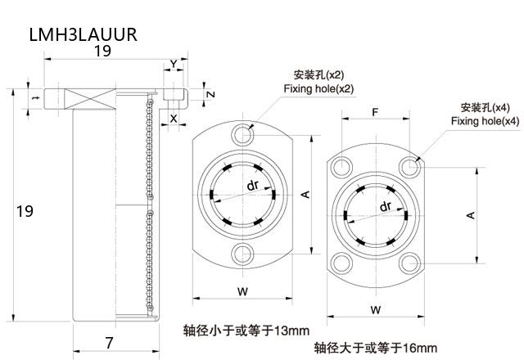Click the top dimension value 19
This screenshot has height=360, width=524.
click(x=102, y=52)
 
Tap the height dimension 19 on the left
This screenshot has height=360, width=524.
click(x=25, y=211)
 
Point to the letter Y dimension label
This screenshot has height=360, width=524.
click(x=173, y=64)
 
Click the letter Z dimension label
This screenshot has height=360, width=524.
click(x=210, y=93)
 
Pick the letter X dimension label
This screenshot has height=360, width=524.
click(x=173, y=118)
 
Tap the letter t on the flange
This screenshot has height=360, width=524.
click(x=34, y=97)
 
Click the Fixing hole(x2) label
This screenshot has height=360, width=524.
click(x=318, y=88)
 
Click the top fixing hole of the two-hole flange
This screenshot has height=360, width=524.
click(x=242, y=133)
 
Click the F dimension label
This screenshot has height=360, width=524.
click(x=374, y=111)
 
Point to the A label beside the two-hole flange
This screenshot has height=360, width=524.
click(x=305, y=193)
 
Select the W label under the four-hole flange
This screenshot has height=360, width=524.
click(x=374, y=309)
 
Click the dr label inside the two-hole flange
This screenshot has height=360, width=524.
click(x=253, y=185)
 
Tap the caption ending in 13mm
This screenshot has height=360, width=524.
click(x=246, y=331)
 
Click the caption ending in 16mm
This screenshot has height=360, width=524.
click(x=376, y=347)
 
